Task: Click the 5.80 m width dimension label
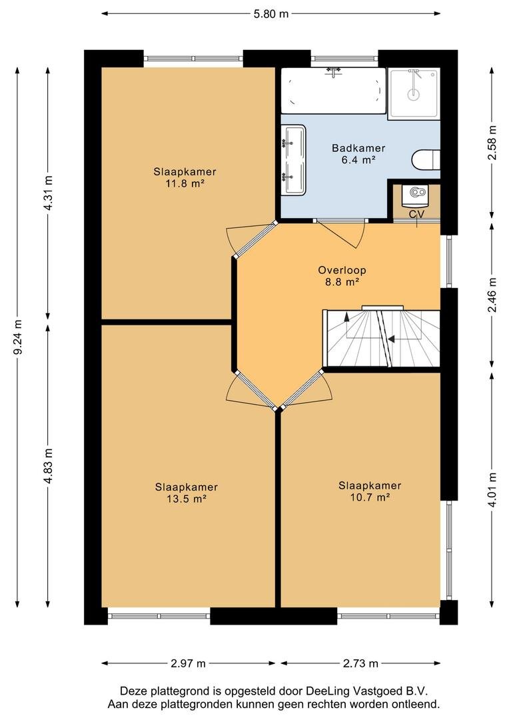tap(270, 14)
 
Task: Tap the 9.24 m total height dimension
tap(17, 337)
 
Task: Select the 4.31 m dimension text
tap(48, 193)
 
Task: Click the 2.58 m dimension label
tap(492, 143)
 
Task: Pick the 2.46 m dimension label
tap(492, 295)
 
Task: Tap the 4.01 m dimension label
tap(492, 490)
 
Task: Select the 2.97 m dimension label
tap(188, 663)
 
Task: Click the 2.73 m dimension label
tap(360, 663)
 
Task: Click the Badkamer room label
tap(358, 148)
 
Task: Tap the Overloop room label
tap(342, 270)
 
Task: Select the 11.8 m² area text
tap(185, 184)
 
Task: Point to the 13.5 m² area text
tap(186, 499)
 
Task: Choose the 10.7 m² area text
tap(370, 497)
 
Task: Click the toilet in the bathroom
tap(426, 160)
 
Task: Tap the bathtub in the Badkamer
tap(334, 91)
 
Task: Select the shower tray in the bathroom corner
tap(414, 94)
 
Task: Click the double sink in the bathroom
tap(293, 159)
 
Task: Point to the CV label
tap(417, 214)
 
